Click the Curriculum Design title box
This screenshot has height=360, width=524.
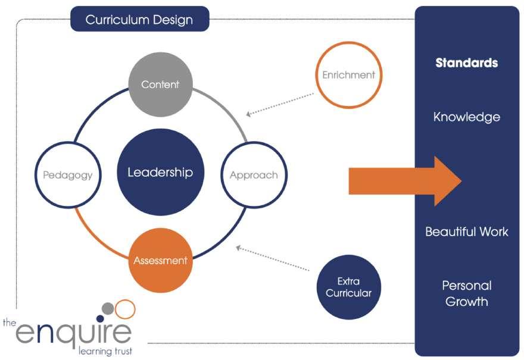pyautogui.click(x=139, y=19)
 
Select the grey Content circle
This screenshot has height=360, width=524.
pyautogui.click(x=160, y=84)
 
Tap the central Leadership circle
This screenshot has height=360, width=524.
pyautogui.click(x=160, y=173)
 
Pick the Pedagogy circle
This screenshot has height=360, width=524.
pyautogui.click(x=67, y=175)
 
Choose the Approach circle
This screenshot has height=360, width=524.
pyautogui.click(x=254, y=175)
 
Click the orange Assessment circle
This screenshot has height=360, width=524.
pyautogui.click(x=160, y=261)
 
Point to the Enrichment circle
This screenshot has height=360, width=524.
pyautogui.click(x=348, y=75)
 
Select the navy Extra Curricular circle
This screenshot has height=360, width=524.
pyautogui.click(x=348, y=287)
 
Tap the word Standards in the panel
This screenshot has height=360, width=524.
pyautogui.click(x=467, y=62)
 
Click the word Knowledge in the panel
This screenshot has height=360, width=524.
pyautogui.click(x=467, y=117)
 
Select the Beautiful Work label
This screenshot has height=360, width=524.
pyautogui.click(x=467, y=231)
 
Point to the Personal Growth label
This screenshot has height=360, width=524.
pyautogui.click(x=467, y=293)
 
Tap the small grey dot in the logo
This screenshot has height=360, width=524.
pyautogui.click(x=108, y=308)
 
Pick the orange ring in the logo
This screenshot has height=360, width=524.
pyautogui.click(x=124, y=309)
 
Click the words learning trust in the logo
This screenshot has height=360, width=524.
pyautogui.click(x=105, y=351)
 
